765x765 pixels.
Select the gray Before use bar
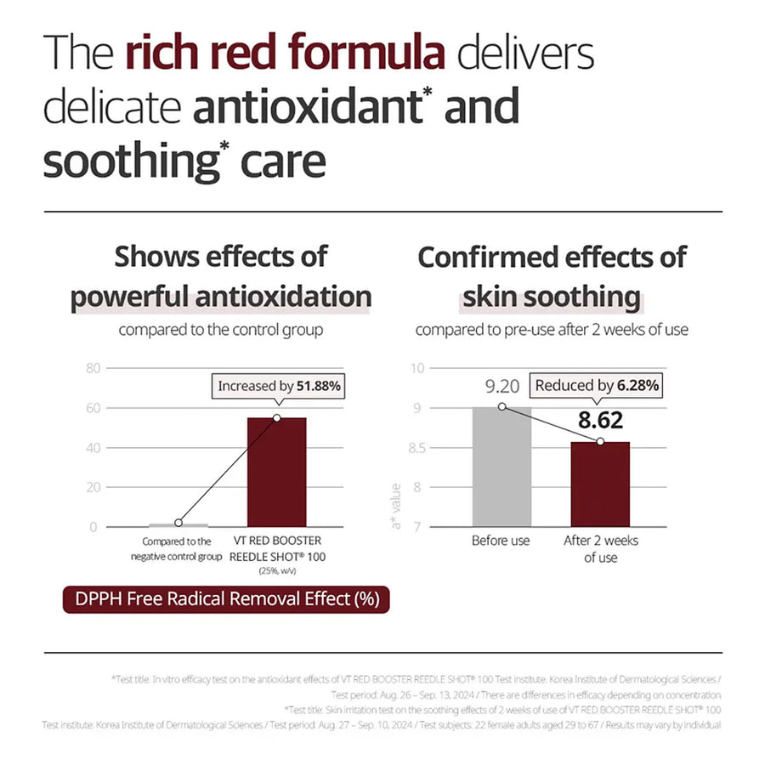click(501, 467)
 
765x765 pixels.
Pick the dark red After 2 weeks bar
click(600, 484)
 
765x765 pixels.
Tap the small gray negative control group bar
click(178, 525)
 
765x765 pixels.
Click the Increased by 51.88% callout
click(279, 386)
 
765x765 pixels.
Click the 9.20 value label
click(501, 387)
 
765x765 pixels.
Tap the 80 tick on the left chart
click(93, 369)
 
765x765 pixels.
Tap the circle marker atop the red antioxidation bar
click(276, 418)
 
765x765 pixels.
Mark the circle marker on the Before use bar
click(501, 407)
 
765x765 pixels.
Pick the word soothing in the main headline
click(127, 162)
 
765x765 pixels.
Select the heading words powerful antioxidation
click(221, 297)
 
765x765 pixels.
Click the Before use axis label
click(501, 541)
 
